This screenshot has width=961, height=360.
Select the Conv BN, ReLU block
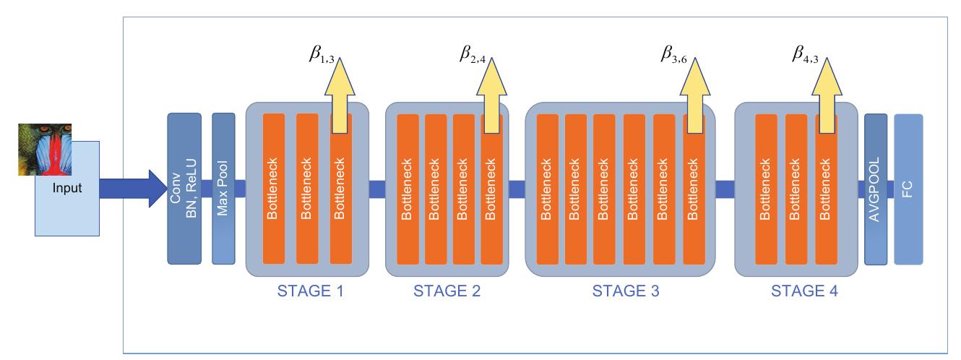(184, 188)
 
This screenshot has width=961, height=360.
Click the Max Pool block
(224, 188)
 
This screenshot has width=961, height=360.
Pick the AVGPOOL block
(876, 188)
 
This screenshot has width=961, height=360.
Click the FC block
(908, 188)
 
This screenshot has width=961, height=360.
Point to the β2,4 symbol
(477, 53)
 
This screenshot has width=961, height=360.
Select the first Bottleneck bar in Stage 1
(275, 188)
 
